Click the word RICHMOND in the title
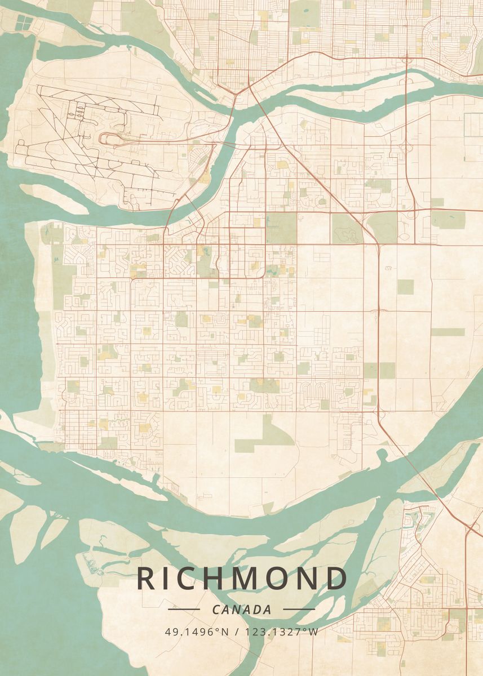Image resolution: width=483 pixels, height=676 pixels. [242, 579]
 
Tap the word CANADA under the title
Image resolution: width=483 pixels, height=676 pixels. [242, 610]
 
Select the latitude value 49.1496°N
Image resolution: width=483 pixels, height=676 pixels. [197, 631]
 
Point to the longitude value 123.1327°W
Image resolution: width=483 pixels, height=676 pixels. [282, 631]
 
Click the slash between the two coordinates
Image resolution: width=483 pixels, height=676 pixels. [237, 631]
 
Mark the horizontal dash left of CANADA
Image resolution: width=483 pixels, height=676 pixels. [184, 609]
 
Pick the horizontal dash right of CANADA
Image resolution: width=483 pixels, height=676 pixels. [299, 609]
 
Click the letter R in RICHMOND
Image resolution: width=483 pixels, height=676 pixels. [146, 579]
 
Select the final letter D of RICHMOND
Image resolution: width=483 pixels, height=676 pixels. [337, 579]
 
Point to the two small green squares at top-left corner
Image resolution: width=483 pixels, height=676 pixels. [24, 23]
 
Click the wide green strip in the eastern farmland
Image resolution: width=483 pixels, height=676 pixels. [447, 332]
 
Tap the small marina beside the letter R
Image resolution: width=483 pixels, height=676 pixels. [90, 561]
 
